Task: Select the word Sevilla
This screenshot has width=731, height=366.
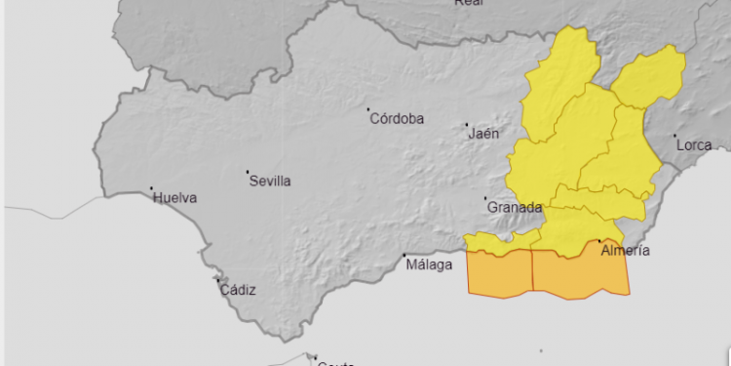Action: coord(270,181)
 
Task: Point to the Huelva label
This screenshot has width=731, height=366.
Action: coord(175,198)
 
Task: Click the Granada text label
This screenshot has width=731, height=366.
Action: coord(514,208)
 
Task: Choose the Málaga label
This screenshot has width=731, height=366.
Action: coord(430,264)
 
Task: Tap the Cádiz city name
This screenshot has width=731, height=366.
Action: coord(238,290)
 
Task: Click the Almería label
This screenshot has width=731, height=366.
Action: coord(626,251)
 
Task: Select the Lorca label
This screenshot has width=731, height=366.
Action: coord(694,145)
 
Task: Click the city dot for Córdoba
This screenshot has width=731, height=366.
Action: coord(369,109)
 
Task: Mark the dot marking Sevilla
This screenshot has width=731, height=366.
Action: coord(248,172)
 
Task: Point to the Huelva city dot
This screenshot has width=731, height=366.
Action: coord(152,188)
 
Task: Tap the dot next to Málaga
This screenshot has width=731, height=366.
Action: coord(405,256)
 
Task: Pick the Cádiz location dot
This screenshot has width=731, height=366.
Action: coord(217,280)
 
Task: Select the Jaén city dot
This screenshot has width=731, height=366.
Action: coord(466,126)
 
